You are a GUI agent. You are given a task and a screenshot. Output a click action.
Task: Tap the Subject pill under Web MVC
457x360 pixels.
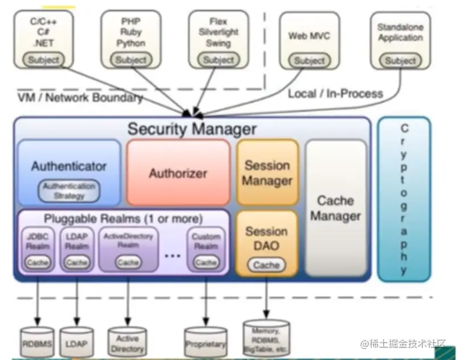pyautogui.click(x=310, y=61)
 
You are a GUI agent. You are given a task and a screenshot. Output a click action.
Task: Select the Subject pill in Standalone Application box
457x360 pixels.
pyautogui.click(x=401, y=61)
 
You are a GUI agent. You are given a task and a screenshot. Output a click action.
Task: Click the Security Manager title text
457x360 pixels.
pyautogui.click(x=192, y=129)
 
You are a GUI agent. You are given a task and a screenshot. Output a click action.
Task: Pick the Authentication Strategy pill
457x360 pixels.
pyautogui.click(x=69, y=191)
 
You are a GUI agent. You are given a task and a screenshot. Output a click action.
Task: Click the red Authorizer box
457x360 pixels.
pyautogui.click(x=178, y=172)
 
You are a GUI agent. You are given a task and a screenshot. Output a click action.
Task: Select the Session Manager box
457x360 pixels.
pyautogui.click(x=267, y=172)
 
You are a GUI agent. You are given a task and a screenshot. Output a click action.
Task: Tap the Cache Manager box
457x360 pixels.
pyautogui.click(x=335, y=208)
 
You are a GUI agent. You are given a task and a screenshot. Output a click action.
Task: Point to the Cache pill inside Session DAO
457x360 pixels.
pyautogui.click(x=266, y=265)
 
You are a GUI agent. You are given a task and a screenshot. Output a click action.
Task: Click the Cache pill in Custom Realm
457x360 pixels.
pyautogui.click(x=205, y=263)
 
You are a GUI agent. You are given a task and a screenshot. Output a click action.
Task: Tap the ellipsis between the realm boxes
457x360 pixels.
pyautogui.click(x=172, y=256)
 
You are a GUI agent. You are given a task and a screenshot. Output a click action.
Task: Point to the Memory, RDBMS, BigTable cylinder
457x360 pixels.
pyautogui.click(x=266, y=337)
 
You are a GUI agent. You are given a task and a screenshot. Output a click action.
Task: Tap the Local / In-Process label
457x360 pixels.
pyautogui.click(x=335, y=93)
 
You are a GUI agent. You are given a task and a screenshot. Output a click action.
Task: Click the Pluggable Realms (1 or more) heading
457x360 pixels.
pyautogui.click(x=123, y=218)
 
